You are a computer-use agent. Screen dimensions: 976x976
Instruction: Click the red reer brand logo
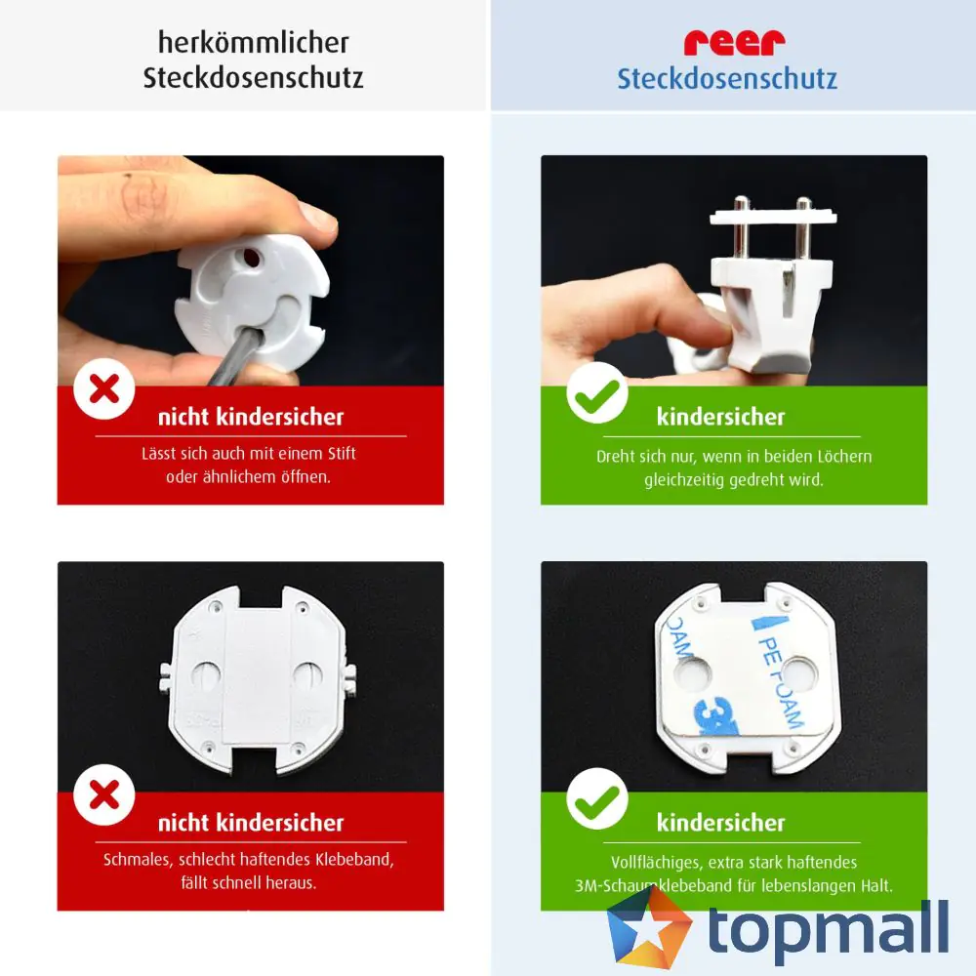tap(735, 42)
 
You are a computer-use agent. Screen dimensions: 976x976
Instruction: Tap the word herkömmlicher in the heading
tap(254, 42)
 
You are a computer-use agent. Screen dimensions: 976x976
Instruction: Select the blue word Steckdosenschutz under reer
tap(727, 79)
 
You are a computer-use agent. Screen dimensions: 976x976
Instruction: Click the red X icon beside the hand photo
tap(104, 389)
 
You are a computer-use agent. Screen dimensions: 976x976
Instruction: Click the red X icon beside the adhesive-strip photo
tap(104, 794)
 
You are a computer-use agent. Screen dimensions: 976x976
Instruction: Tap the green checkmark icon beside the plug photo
tap(597, 392)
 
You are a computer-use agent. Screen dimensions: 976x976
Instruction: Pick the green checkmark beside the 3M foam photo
tap(597, 798)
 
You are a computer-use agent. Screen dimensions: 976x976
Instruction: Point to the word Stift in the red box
tap(341, 453)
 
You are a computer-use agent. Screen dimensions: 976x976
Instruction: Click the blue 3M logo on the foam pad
tap(715, 715)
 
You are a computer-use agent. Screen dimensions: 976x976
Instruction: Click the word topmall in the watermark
tap(829, 929)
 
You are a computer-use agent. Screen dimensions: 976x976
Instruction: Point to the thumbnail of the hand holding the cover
tap(250, 270)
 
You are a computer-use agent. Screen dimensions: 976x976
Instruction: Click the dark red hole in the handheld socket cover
tap(250, 257)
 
